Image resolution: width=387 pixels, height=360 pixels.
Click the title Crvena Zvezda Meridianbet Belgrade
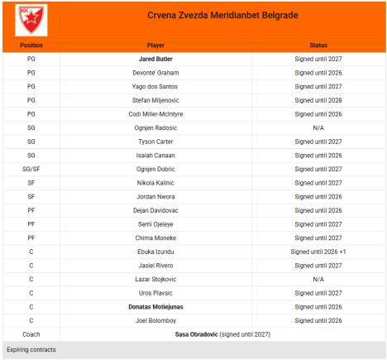pyautogui.click(x=222, y=16)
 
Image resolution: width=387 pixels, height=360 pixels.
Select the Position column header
pyautogui.click(x=31, y=45)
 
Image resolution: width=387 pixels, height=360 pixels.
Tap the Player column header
pyautogui.click(x=155, y=45)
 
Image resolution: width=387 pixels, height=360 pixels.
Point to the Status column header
pyautogui.click(x=318, y=45)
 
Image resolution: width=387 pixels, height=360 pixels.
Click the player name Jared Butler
pyautogui.click(x=155, y=59)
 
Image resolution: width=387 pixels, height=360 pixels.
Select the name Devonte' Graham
pyautogui.click(x=155, y=72)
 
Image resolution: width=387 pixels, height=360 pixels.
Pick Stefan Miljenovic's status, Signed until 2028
pyautogui.click(x=318, y=99)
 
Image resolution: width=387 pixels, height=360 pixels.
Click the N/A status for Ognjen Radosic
pyautogui.click(x=318, y=127)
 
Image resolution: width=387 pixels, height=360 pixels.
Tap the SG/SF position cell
pyautogui.click(x=31, y=169)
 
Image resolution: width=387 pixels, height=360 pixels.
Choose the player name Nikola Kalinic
pyautogui.click(x=155, y=182)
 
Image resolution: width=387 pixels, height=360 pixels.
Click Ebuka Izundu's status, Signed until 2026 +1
pyautogui.click(x=318, y=251)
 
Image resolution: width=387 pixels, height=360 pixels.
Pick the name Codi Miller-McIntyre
pyautogui.click(x=155, y=113)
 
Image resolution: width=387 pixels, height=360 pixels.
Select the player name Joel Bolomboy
pyautogui.click(x=155, y=319)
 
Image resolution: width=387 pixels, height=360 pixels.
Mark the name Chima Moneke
pyautogui.click(x=155, y=238)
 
